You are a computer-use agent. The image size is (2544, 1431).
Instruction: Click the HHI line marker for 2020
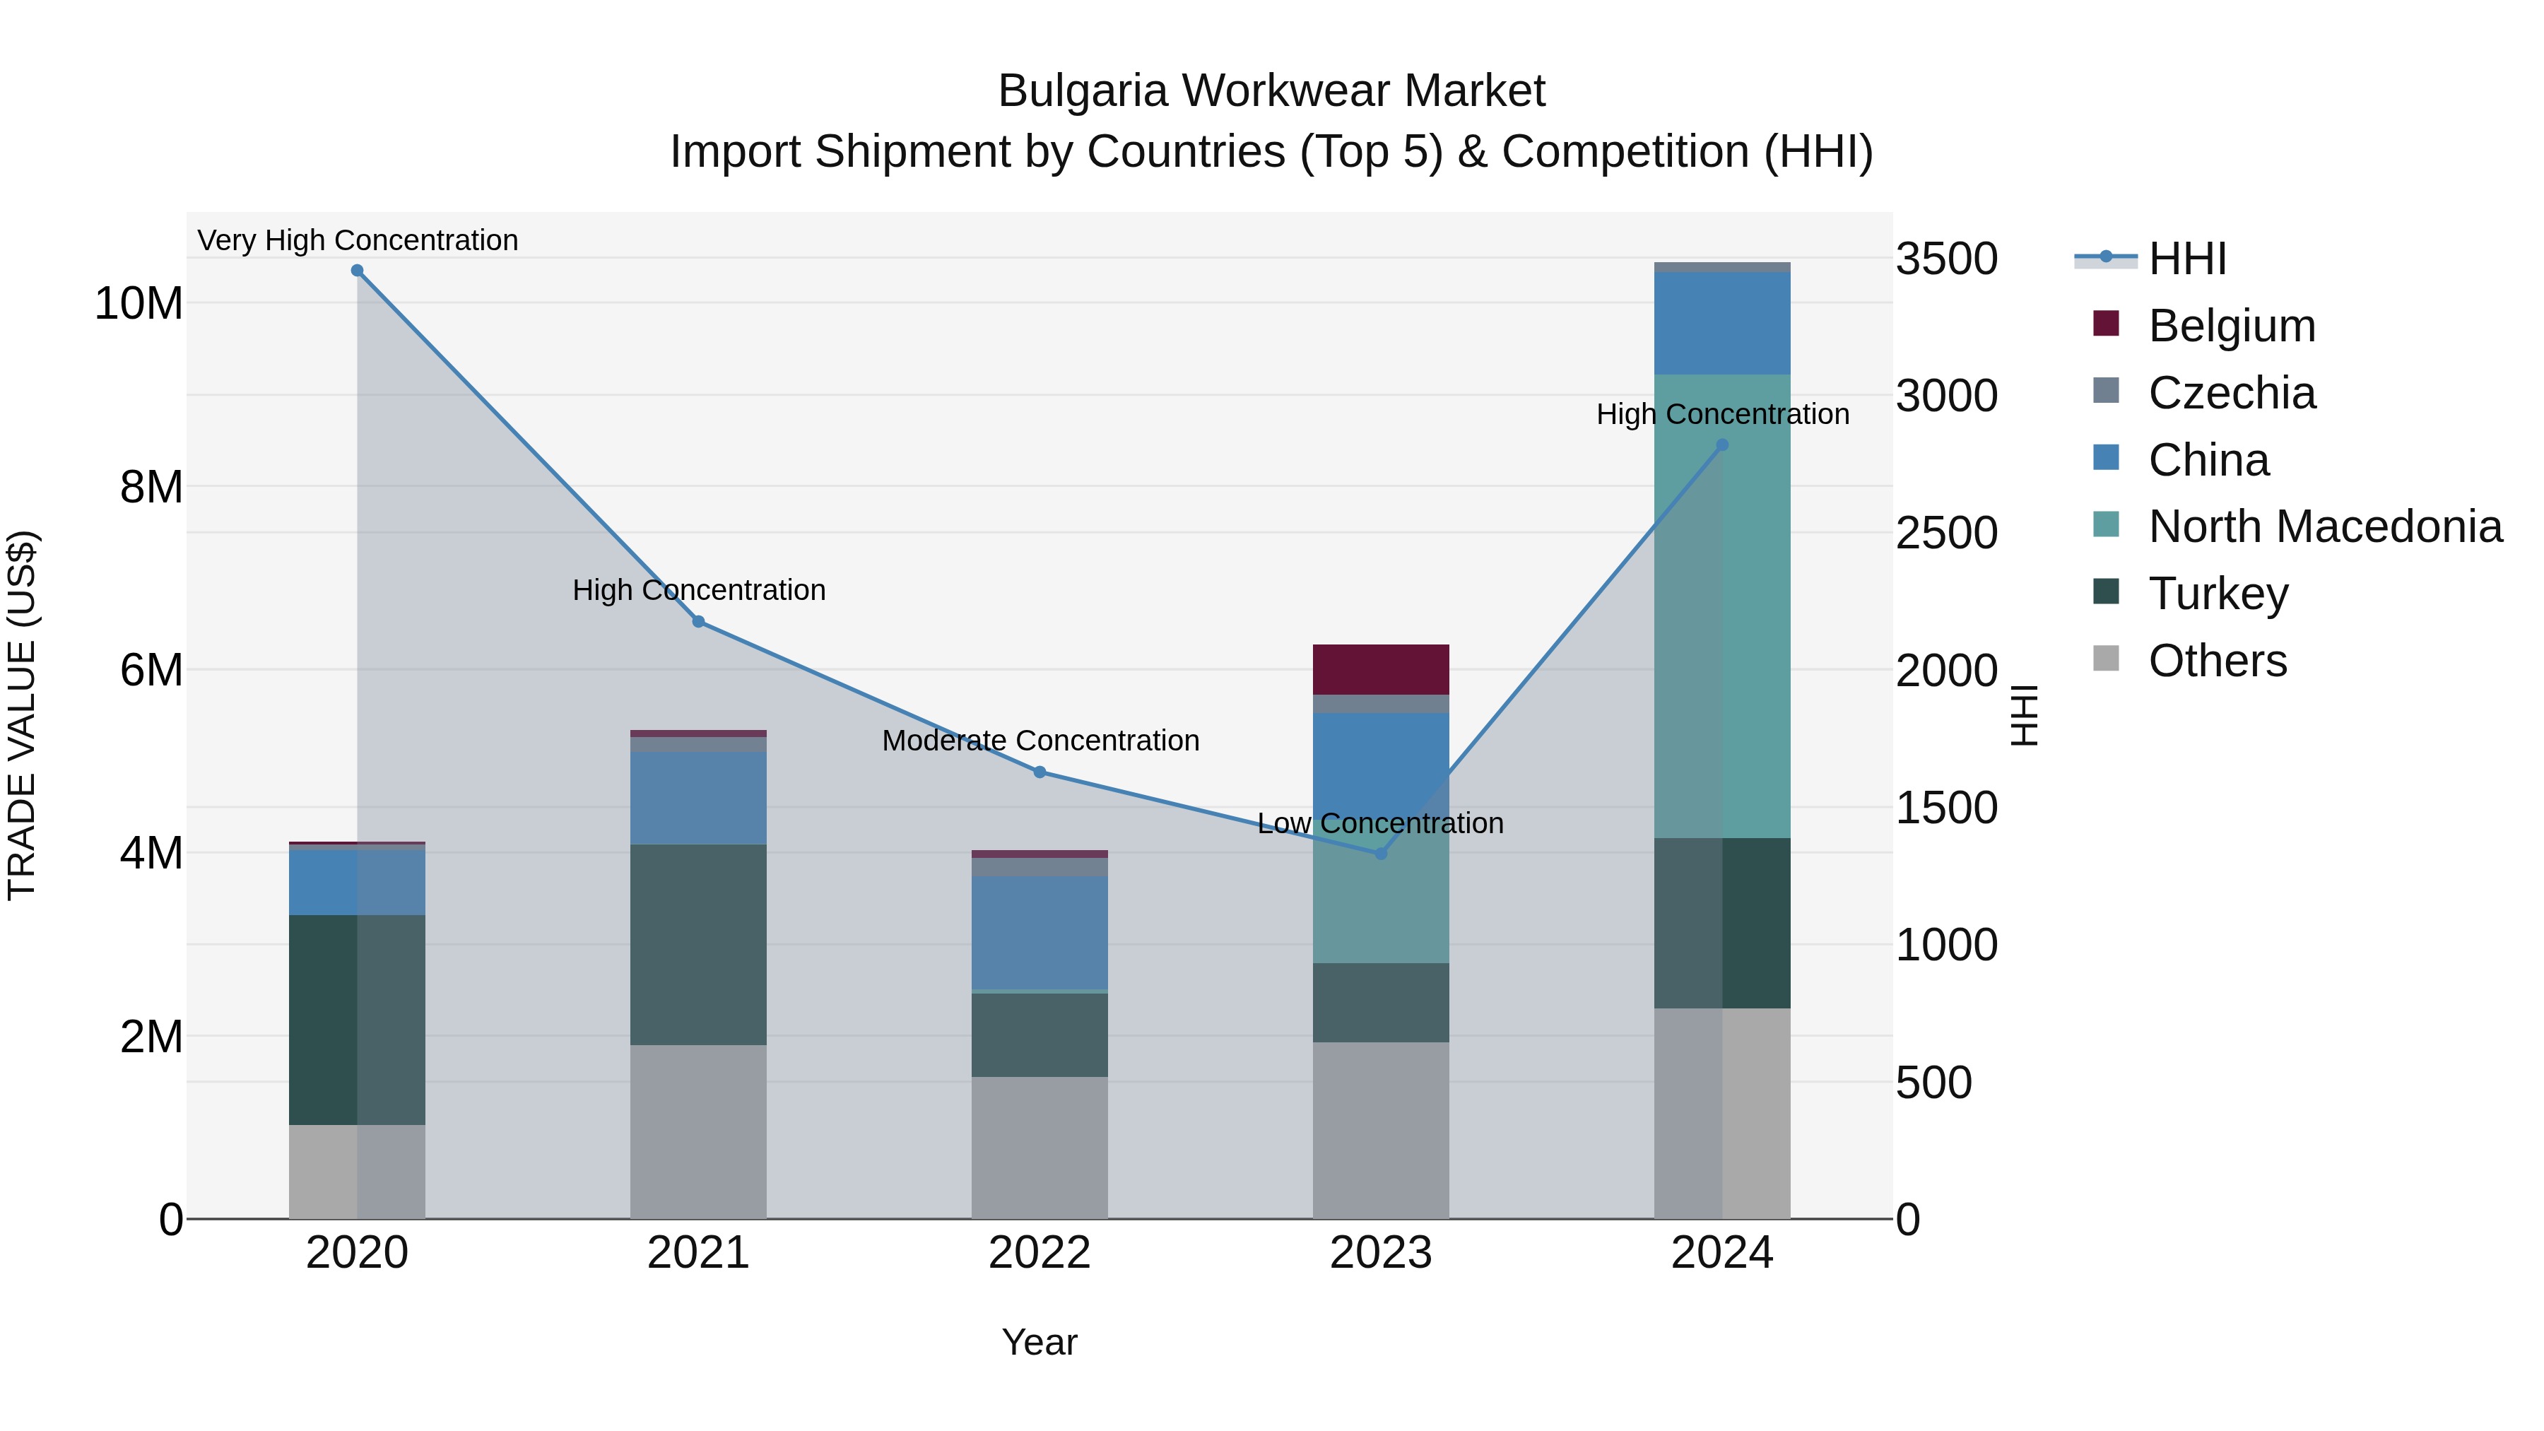(358, 271)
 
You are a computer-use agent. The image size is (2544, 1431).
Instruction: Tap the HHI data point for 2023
(1381, 853)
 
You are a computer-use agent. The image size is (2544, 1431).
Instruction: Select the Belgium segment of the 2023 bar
(1381, 670)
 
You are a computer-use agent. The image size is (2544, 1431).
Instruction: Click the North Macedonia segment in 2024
(1722, 606)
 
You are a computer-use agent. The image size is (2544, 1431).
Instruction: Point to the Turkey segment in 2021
(698, 944)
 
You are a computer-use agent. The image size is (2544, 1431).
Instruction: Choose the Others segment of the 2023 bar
(1381, 1130)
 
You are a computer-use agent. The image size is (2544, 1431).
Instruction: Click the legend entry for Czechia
(2231, 393)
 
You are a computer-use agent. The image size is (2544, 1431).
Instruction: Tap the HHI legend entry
(2186, 259)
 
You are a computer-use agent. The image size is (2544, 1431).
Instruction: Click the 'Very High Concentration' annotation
(358, 240)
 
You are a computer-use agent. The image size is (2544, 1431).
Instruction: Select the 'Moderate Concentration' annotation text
(1040, 740)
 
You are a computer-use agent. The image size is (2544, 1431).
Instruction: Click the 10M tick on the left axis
(139, 303)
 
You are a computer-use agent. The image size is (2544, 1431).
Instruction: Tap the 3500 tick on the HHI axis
(1945, 259)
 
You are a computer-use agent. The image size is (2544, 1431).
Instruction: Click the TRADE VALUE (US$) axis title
(22, 715)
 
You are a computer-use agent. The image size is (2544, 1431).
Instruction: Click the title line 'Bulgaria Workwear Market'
(1271, 91)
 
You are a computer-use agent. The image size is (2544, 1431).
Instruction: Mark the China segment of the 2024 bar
(1722, 322)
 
